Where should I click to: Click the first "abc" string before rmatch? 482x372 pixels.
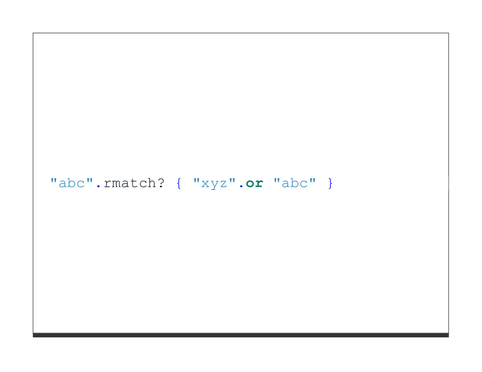[72, 183]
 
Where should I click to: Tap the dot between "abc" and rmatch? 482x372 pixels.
[98, 187]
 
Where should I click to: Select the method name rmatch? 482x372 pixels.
[129, 183]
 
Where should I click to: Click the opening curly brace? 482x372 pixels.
[179, 183]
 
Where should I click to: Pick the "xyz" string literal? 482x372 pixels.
[214, 183]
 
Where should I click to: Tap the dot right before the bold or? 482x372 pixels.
[241, 187]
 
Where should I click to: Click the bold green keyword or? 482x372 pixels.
[254, 183]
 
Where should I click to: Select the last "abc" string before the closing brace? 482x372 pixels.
[294, 183]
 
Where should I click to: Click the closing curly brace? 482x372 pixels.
[330, 183]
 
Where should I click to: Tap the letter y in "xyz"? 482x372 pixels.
[215, 185]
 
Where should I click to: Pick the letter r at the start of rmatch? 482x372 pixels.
[107, 184]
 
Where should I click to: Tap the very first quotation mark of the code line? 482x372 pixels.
[54, 180]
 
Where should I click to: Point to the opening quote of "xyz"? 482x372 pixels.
[197, 180]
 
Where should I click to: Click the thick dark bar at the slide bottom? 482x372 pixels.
[241, 335]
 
